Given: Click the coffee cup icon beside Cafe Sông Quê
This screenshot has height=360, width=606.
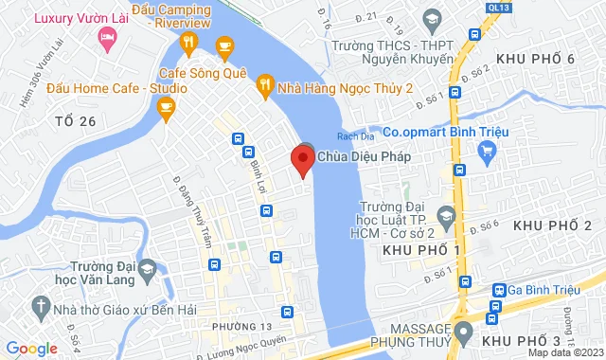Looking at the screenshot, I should (x=224, y=45).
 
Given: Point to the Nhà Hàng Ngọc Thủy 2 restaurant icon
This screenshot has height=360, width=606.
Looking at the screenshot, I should (x=264, y=87).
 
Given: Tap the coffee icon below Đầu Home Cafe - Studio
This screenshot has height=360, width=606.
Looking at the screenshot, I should (x=167, y=110).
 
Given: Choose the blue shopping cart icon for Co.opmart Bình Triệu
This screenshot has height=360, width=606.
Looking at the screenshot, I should (x=488, y=150).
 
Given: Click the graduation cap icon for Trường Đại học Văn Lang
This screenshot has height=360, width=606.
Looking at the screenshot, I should (x=147, y=274).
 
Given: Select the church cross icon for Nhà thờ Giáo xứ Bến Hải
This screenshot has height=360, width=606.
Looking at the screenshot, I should (x=38, y=305).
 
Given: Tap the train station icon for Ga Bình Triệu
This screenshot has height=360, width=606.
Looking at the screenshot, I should (x=498, y=290).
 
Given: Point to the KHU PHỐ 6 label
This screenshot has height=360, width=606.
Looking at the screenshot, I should (x=541, y=60).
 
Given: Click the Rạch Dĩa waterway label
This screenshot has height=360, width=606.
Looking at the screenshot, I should (x=365, y=133).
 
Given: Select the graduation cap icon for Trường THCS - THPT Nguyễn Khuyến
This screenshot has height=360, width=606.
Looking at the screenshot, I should (x=432, y=19).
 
